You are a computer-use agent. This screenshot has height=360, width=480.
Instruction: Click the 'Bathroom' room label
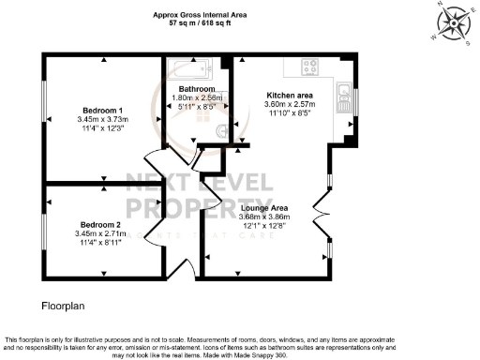pyautogui.click(x=198, y=89)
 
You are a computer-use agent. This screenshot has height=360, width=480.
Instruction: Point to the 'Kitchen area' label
pyautogui.click(x=289, y=96)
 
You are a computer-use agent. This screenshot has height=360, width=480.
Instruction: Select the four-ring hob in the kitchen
pyautogui.click(x=311, y=67)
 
